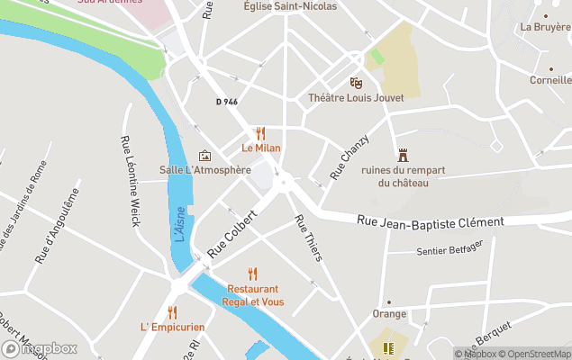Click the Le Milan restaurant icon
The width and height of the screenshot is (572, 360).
point(260,132)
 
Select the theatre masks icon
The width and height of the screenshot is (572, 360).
point(356,83)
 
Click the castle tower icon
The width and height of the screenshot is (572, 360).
point(403,156)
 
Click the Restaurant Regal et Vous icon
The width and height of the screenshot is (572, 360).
point(253,274)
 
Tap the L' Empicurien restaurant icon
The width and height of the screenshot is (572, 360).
point(172,312)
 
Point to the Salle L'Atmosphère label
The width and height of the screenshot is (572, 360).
point(205,170)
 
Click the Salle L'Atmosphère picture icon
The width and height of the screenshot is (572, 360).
point(205,156)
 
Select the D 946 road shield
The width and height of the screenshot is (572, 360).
point(227,102)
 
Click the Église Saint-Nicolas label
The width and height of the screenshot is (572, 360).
point(290,6)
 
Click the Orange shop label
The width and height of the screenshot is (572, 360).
point(389,314)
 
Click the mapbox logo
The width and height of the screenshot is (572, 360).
point(40,348)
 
